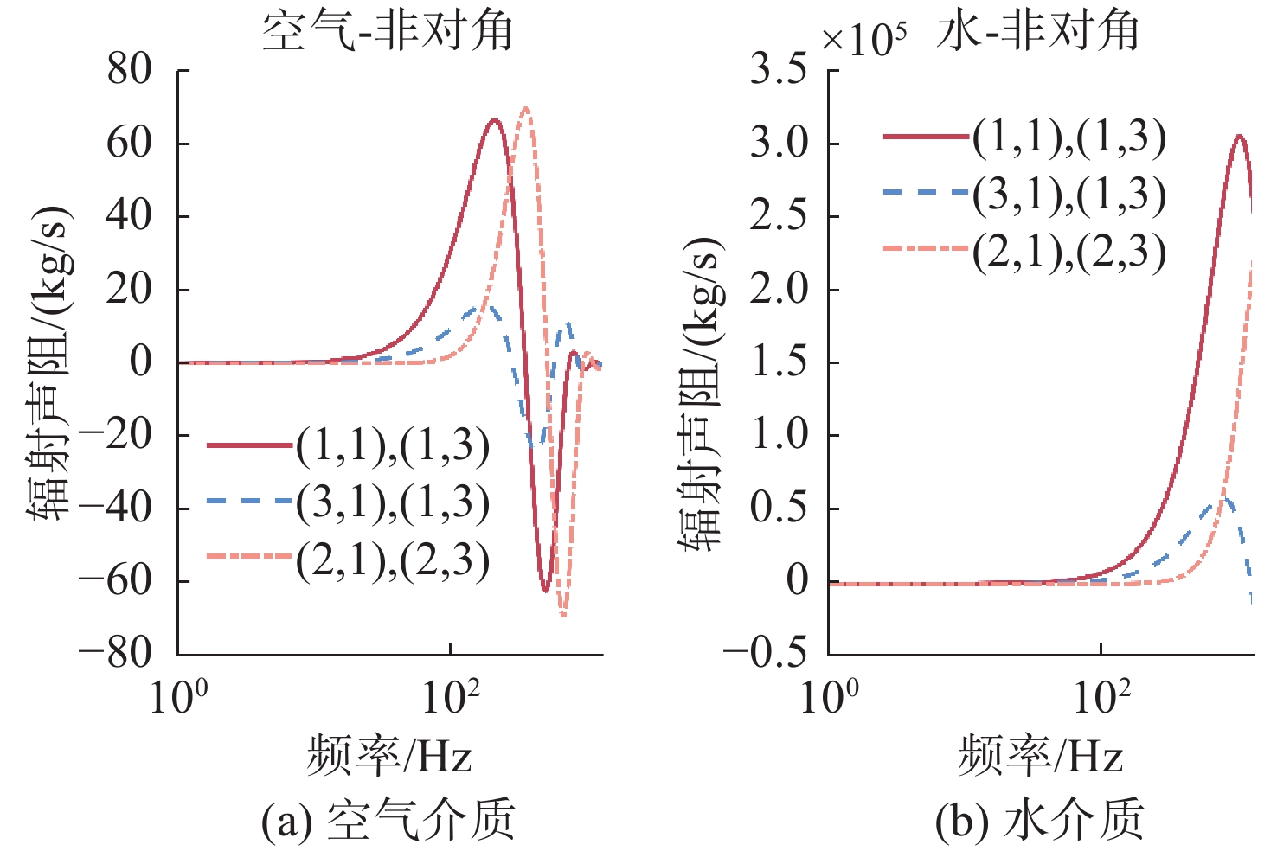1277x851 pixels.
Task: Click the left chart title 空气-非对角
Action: (x=388, y=30)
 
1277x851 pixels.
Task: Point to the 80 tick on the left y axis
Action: (x=130, y=69)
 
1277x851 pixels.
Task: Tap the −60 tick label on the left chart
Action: (x=115, y=580)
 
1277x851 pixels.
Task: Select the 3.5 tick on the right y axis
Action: (x=779, y=69)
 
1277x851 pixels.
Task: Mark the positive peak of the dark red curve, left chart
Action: (x=495, y=119)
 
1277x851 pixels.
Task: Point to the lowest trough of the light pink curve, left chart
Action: (x=563, y=615)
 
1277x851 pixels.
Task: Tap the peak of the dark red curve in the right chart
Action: (x=1240, y=135)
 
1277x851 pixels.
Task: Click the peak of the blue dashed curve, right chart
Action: (x=1227, y=498)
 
